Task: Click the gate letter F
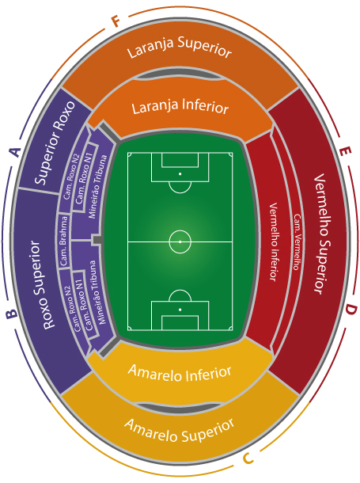pos(116,22)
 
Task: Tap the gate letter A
pos(15,152)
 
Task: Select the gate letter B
pos(11,314)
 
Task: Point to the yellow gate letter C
pos(248,458)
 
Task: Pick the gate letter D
pos(351,310)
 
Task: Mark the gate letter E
pos(345,151)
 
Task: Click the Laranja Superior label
pos(180,48)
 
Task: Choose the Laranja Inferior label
pos(180,107)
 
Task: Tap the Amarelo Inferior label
pos(180,374)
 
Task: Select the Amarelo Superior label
pos(180,430)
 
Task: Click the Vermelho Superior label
pos(321,234)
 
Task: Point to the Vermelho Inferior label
pos(274,241)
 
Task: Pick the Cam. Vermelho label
pos(297,242)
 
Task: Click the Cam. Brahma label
pos(63,241)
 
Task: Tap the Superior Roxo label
pos(55,143)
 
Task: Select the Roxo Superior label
pos(40,285)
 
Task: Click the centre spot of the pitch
pos(180,241)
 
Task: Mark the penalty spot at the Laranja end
pos(180,174)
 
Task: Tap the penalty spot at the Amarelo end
pos(180,310)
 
